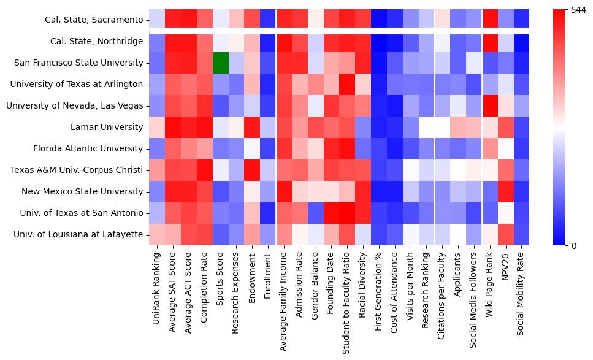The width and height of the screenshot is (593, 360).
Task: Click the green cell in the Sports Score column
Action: [220, 63]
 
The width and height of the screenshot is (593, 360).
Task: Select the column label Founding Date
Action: [332, 282]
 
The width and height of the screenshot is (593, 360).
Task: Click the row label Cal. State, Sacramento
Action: [94, 20]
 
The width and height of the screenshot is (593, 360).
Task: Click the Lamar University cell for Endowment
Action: [252, 127]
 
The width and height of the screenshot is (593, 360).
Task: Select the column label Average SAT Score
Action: [172, 288]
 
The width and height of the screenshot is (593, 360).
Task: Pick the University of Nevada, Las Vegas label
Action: [74, 105]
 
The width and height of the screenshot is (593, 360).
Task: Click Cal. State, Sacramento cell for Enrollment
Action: [267, 20]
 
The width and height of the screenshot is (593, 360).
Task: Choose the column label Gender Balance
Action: [316, 285]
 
